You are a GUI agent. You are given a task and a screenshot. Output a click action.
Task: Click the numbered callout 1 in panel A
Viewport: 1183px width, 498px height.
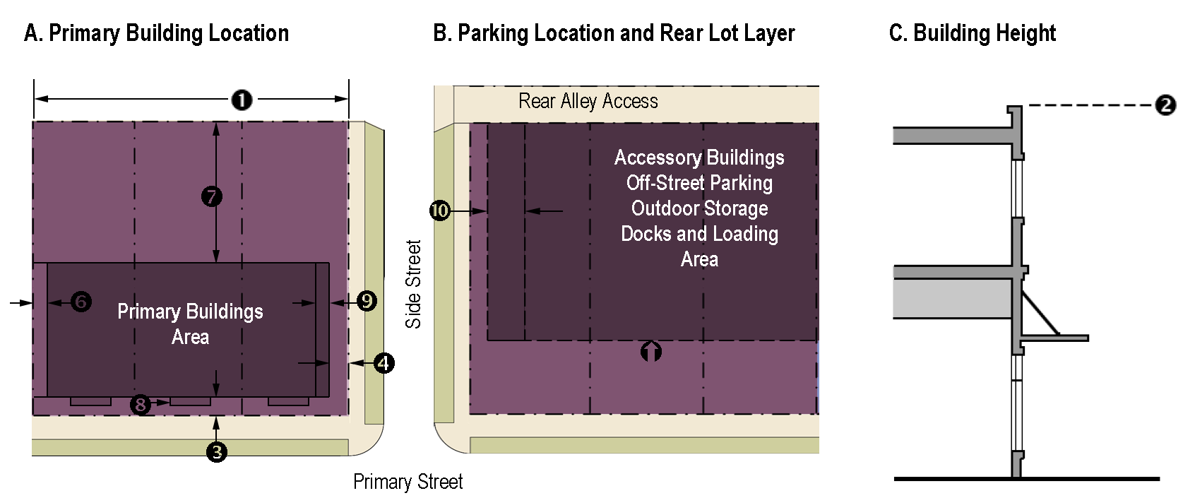[242, 100]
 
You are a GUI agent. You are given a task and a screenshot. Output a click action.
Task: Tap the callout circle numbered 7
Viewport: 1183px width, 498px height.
[212, 196]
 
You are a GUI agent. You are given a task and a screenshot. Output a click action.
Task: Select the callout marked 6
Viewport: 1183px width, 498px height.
[81, 302]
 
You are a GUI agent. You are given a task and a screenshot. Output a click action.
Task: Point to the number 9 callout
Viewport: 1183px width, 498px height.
[367, 301]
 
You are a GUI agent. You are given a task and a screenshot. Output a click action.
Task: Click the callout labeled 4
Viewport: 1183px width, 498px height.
[384, 363]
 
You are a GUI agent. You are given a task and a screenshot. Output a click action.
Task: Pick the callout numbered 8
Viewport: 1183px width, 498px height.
[141, 404]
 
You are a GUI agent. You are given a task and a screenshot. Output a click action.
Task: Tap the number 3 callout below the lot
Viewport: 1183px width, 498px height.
[217, 451]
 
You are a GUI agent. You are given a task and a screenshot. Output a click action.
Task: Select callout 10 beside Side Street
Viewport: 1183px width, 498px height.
[440, 211]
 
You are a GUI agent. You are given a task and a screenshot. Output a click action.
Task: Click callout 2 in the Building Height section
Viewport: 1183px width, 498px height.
[1165, 105]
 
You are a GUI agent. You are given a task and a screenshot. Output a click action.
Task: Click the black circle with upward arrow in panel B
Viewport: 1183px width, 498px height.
[651, 351]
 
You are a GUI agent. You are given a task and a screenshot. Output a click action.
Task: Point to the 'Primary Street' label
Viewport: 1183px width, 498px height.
[408, 482]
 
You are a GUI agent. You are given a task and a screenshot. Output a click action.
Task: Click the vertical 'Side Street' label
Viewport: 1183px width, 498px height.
[413, 284]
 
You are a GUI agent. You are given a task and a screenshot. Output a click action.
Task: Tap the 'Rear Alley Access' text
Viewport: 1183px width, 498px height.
[588, 102]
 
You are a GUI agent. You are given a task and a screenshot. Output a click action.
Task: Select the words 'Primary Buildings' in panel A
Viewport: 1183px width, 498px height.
[190, 312]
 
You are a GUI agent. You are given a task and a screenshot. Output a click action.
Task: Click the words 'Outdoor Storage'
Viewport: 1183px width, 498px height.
[699, 208]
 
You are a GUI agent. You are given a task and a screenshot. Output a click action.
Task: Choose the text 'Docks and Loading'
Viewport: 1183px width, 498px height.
[699, 234]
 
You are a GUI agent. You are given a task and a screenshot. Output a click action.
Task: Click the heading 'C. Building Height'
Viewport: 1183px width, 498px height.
[972, 33]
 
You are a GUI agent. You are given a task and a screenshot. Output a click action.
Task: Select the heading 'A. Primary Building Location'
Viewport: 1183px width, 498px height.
[156, 33]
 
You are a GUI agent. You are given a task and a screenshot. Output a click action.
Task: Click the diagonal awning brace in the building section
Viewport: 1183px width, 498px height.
[1040, 314]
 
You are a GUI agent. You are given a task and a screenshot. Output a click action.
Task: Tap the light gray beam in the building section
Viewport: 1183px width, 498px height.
[951, 298]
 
